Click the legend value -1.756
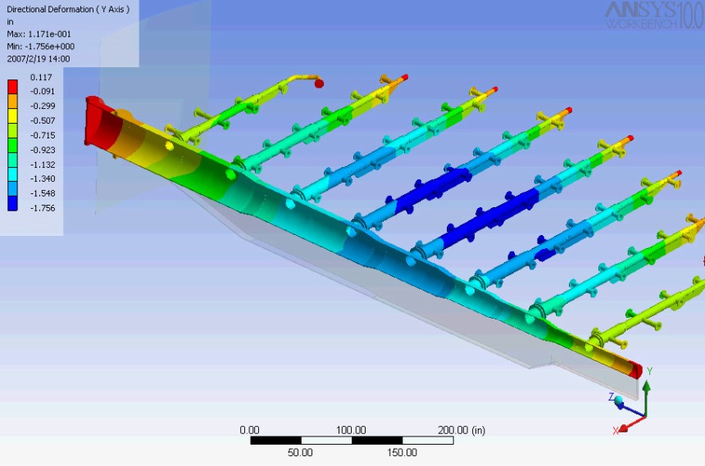pos(43,208)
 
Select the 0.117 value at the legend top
pos(41,77)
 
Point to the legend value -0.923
pos(43,150)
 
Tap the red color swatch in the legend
pos(12,87)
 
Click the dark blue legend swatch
pos(12,204)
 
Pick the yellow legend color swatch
pos(12,116)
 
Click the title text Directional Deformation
pos(50,10)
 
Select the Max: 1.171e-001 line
pos(39,34)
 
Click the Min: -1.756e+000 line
pos(40,47)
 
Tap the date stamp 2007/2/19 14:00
pos(39,59)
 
